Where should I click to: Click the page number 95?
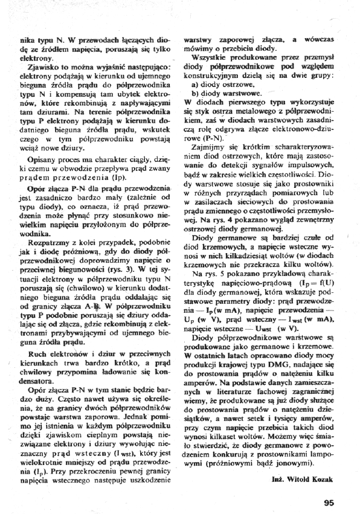click(329, 486)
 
